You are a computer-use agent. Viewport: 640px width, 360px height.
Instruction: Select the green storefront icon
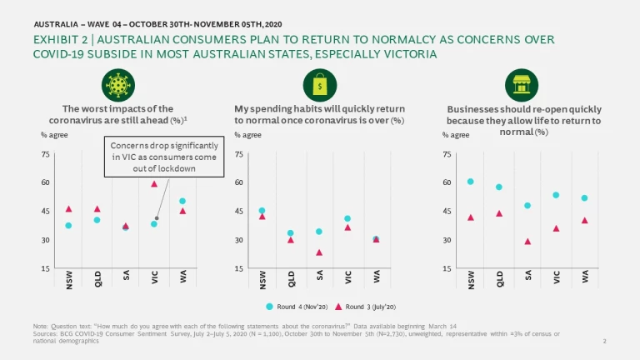click(522, 85)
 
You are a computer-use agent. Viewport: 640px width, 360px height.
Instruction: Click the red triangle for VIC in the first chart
click(154, 184)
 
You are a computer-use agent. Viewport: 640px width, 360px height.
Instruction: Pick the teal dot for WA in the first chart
click(182, 201)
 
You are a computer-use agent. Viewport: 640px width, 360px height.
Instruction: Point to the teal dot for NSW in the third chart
click(470, 182)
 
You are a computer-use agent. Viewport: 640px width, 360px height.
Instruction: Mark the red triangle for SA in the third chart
click(527, 242)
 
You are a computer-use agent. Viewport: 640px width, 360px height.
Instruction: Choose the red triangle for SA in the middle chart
click(319, 252)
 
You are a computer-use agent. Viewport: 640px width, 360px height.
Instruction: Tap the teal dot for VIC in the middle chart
click(347, 218)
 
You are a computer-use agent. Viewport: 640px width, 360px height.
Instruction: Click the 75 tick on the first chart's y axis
click(45, 154)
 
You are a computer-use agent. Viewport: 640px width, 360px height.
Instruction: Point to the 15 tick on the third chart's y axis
click(448, 268)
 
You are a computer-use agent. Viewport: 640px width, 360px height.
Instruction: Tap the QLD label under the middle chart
click(291, 281)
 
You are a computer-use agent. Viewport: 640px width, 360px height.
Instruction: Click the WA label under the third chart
click(585, 279)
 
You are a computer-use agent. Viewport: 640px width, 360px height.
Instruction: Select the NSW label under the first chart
click(68, 281)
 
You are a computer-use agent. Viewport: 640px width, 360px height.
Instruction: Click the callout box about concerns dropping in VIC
click(166, 157)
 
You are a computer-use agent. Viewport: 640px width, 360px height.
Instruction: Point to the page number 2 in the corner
click(603, 342)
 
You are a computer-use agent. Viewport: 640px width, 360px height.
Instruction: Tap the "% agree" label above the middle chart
click(247, 134)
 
